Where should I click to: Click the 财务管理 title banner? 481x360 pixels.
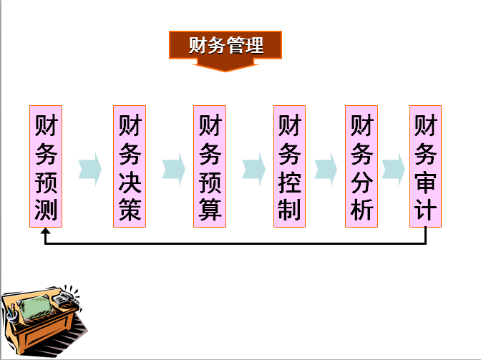225,46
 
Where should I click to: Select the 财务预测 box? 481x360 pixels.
46,167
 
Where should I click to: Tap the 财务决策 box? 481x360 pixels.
130,167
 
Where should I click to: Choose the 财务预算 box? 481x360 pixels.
210,167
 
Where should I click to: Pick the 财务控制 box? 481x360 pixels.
290,167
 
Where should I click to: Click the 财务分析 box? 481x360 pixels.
361,167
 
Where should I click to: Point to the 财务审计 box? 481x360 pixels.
426,167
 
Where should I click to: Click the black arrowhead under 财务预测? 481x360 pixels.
46,233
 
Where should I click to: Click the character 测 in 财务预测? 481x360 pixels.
46,210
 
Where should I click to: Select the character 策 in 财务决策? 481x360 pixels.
130,210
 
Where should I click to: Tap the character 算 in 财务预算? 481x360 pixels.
210,210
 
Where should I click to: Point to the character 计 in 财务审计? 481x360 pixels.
426,210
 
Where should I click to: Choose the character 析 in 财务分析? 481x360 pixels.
361,210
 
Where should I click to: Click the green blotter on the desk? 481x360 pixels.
37,307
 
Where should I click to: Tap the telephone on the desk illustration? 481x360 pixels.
68,293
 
